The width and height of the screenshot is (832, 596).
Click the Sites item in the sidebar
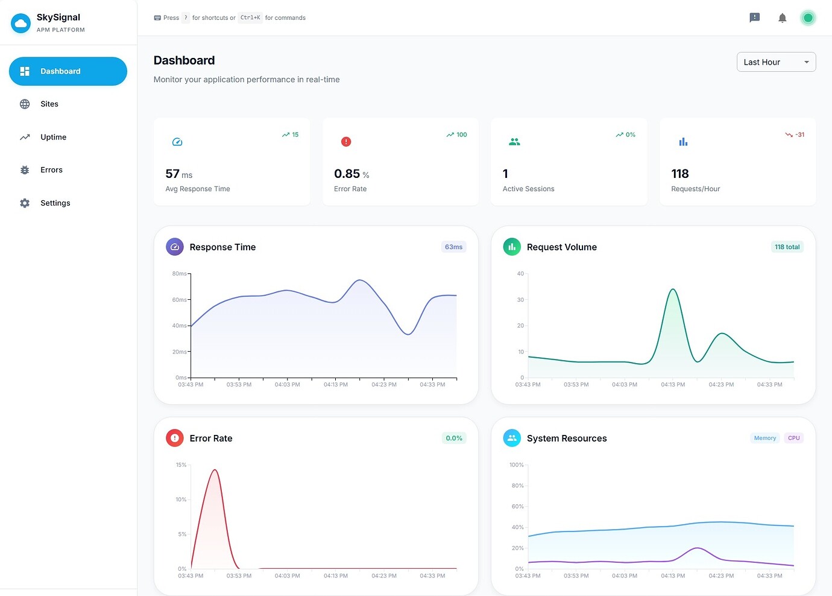pyautogui.click(x=49, y=104)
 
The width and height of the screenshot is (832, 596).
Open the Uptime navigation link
pyautogui.click(x=53, y=137)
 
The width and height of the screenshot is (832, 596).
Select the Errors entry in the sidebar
pyautogui.click(x=51, y=170)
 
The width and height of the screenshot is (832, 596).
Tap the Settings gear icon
pyautogui.click(x=25, y=203)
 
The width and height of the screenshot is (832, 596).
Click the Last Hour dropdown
pyautogui.click(x=776, y=62)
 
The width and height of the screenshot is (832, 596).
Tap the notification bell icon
pyautogui.click(x=782, y=18)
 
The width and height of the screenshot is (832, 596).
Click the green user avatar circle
pyautogui.click(x=808, y=18)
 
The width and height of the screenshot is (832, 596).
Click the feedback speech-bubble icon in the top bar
pyautogui.click(x=754, y=18)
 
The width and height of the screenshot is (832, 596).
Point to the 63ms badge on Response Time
pyautogui.click(x=453, y=247)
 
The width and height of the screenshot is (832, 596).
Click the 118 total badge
pyautogui.click(x=787, y=247)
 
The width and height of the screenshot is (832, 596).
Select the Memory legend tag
pyautogui.click(x=764, y=439)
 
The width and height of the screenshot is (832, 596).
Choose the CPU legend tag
pyautogui.click(x=793, y=439)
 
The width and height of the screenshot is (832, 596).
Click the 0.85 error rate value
pyautogui.click(x=347, y=174)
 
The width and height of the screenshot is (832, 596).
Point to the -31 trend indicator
pyautogui.click(x=795, y=135)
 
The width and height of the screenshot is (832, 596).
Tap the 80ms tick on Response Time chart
pyautogui.click(x=180, y=274)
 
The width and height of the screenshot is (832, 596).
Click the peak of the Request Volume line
pyautogui.click(x=673, y=290)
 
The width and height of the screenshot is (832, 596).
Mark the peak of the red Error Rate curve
pyautogui.click(x=215, y=470)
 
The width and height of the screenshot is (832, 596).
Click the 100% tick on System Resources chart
pyautogui.click(x=516, y=465)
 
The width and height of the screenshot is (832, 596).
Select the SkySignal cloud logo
pyautogui.click(x=21, y=23)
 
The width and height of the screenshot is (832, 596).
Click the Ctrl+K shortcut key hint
pyautogui.click(x=250, y=18)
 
